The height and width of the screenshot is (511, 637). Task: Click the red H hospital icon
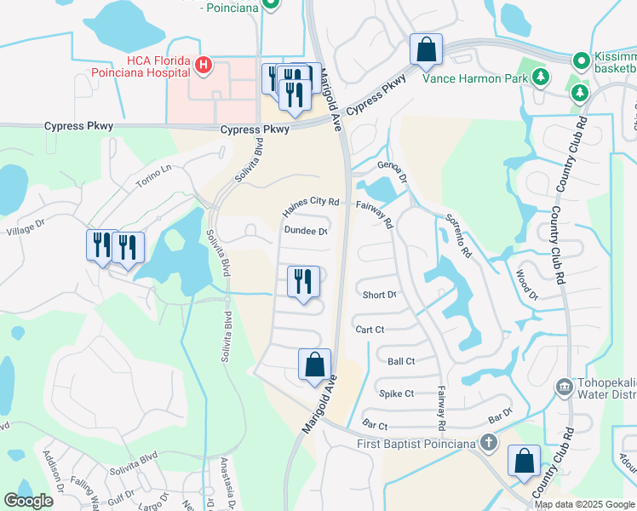pos(203,65)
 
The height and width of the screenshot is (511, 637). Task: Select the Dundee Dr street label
pos(305,230)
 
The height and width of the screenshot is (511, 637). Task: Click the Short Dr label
pos(379,295)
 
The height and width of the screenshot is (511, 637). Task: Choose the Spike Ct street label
pos(396,393)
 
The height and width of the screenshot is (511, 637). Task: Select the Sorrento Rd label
pos(458,238)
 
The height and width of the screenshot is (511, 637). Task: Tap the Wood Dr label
pos(526,284)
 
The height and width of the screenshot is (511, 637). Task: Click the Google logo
pos(28,501)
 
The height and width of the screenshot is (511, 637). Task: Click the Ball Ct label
pos(400,361)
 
